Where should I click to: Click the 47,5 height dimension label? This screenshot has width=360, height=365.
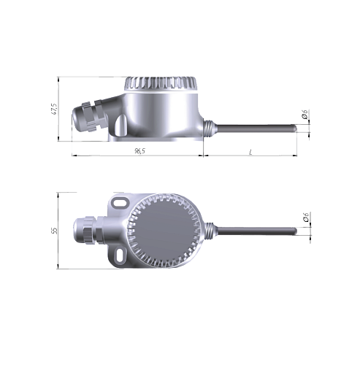55,109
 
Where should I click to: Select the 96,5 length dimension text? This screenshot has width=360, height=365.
140,151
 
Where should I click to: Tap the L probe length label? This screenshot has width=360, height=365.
250,152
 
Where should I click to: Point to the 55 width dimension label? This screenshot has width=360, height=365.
55,231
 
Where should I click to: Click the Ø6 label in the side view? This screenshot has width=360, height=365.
305,114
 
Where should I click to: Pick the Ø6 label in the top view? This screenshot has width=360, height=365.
306,217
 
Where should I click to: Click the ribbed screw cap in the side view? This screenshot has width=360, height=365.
161,84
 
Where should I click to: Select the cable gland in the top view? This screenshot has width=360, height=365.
89,229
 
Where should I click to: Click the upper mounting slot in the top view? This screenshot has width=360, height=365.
120,202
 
